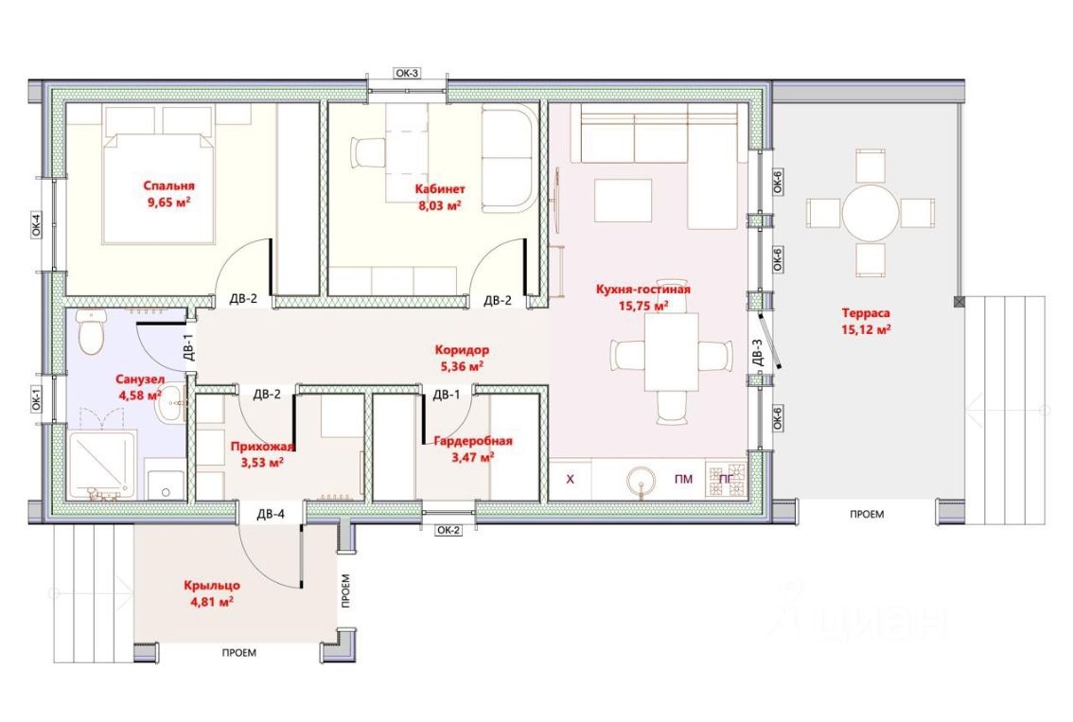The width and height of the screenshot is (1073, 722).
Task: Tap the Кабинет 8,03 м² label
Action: pos(440,197)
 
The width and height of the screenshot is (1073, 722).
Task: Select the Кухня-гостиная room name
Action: pos(642,289)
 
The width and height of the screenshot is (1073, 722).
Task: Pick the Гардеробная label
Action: pos(473,441)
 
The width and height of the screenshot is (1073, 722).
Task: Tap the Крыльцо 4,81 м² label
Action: pos(211,593)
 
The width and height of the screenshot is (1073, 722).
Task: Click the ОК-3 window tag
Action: pos(407,73)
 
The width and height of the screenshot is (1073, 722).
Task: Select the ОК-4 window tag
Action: pos(36,225)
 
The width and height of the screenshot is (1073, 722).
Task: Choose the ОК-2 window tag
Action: pos(449,530)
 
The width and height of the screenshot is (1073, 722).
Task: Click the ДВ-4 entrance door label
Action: pos(271,513)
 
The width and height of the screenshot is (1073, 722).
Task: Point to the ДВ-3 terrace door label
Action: pos(757,353)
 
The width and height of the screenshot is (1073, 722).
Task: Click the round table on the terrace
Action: pos(871,213)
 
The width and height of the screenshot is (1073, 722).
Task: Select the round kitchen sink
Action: pos(642,480)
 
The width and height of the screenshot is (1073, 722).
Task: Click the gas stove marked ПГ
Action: pos(726,479)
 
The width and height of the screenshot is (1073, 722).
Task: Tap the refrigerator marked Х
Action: pos(570,479)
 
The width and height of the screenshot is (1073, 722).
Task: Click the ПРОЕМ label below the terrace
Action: pos(867,514)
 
